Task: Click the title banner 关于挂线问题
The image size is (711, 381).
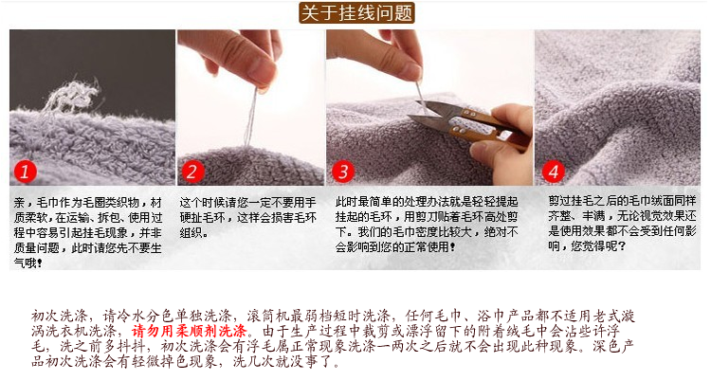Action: point(356,12)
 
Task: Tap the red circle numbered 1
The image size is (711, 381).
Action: point(25,172)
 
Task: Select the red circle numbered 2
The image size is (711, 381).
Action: point(192,172)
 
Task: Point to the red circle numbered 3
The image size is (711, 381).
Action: point(343,172)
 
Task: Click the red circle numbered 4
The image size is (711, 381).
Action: point(554,172)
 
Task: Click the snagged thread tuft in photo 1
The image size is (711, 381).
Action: point(73,96)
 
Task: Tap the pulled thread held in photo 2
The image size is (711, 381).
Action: point(251,116)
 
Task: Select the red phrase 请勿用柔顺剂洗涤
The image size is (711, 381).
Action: point(189,331)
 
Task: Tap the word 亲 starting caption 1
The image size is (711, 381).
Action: point(19,202)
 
